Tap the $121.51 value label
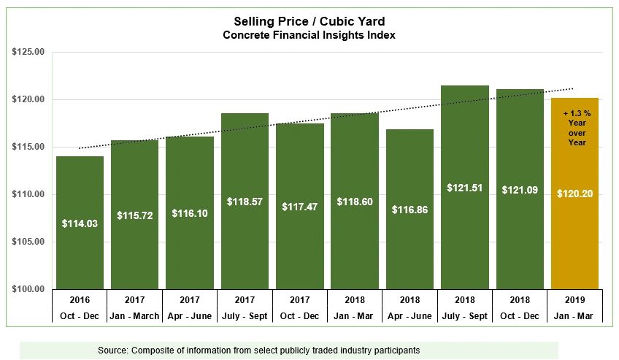pyautogui.click(x=464, y=188)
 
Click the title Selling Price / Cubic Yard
pyautogui.click(x=309, y=22)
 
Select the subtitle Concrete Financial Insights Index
pyautogui.click(x=309, y=35)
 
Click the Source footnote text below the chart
pyautogui.click(x=259, y=351)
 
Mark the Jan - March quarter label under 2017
pyautogui.click(x=134, y=315)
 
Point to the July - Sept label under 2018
pyautogui.click(x=464, y=315)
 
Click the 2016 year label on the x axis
pyautogui.click(x=80, y=299)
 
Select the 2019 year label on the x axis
pyautogui.click(x=575, y=299)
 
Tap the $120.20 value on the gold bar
pyautogui.click(x=575, y=194)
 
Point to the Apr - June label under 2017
pyautogui.click(x=189, y=315)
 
